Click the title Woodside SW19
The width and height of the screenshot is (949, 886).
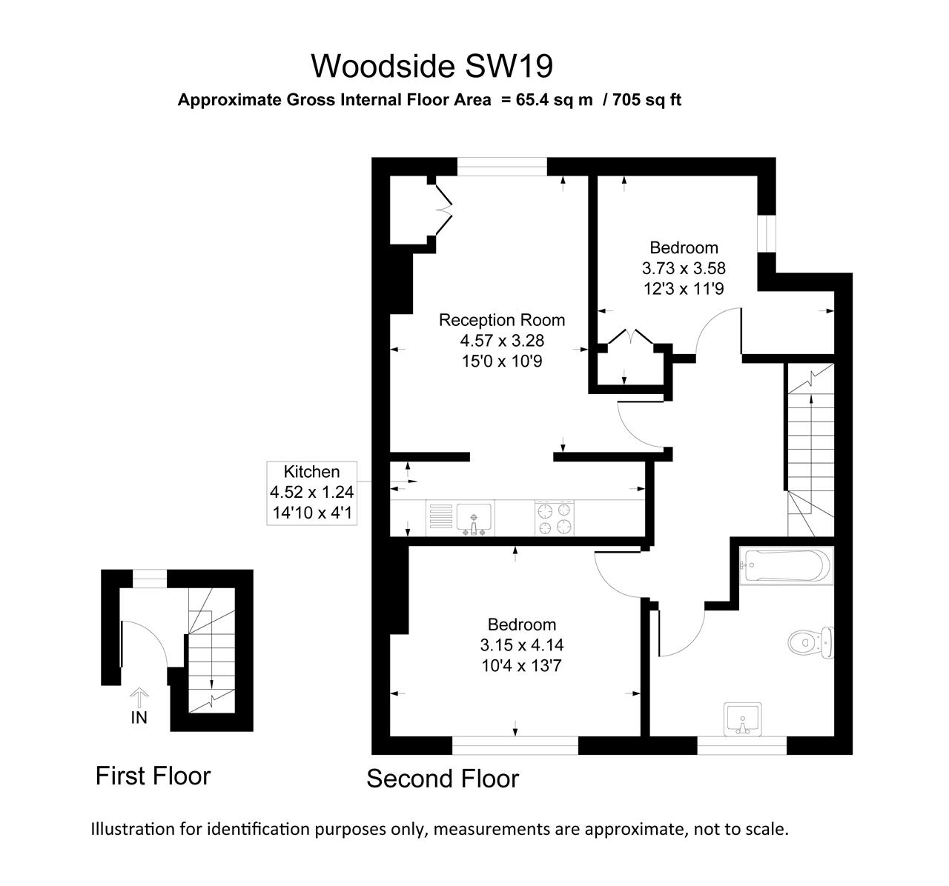(431, 66)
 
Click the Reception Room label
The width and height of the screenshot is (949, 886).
(501, 320)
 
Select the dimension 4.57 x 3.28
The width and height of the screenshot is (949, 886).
(501, 341)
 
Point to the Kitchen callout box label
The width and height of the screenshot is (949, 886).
(311, 472)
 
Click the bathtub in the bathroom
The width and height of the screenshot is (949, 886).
(786, 566)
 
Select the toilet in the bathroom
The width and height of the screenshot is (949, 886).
(811, 642)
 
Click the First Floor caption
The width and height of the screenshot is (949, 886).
(153, 776)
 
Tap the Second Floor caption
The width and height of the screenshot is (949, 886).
(443, 779)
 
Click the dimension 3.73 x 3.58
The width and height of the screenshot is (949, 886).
(684, 267)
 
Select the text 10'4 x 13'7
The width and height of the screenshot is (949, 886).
(521, 665)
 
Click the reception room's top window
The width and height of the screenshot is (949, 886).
(502, 167)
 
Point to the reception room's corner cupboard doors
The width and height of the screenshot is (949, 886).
(443, 211)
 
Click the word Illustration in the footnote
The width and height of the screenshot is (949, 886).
(133, 828)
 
